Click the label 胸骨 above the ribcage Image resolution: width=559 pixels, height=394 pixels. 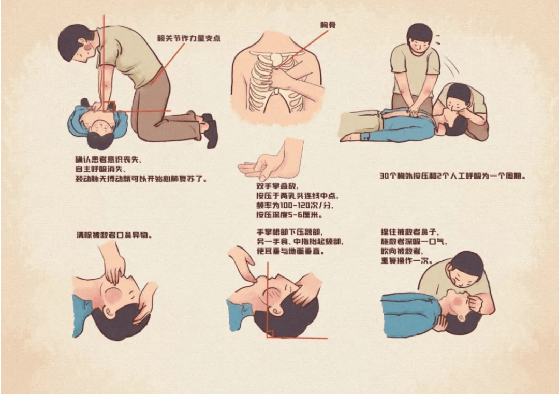tap(328, 24)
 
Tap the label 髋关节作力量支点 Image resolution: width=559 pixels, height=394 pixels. tap(189, 38)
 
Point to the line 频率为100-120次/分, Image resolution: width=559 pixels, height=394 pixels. tap(293, 205)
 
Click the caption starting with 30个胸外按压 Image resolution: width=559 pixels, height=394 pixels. tap(452, 176)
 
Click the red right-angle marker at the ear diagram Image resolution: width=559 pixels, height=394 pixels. tap(270, 334)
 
